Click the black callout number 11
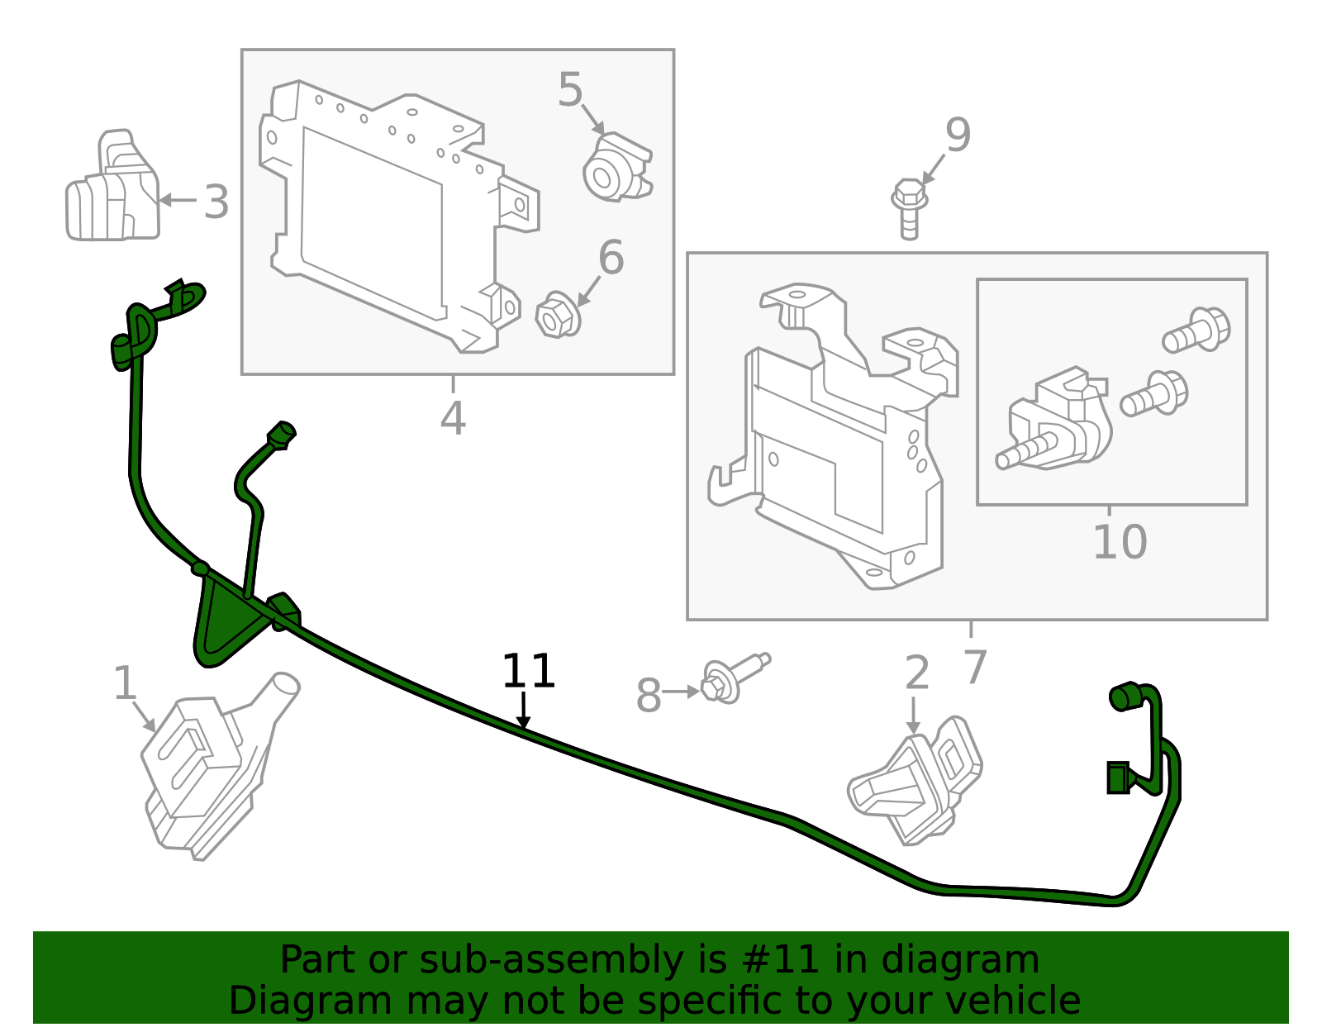click(x=528, y=671)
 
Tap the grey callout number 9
click(x=958, y=136)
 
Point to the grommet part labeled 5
click(x=616, y=169)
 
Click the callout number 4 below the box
click(x=453, y=418)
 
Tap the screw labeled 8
click(x=731, y=677)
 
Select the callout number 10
click(x=1120, y=542)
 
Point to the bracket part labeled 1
click(x=211, y=768)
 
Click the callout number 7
click(x=975, y=666)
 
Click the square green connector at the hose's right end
click(x=1118, y=778)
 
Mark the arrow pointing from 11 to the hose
click(x=523, y=711)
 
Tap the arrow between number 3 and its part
click(x=178, y=200)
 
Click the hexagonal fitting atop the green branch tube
click(x=281, y=434)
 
